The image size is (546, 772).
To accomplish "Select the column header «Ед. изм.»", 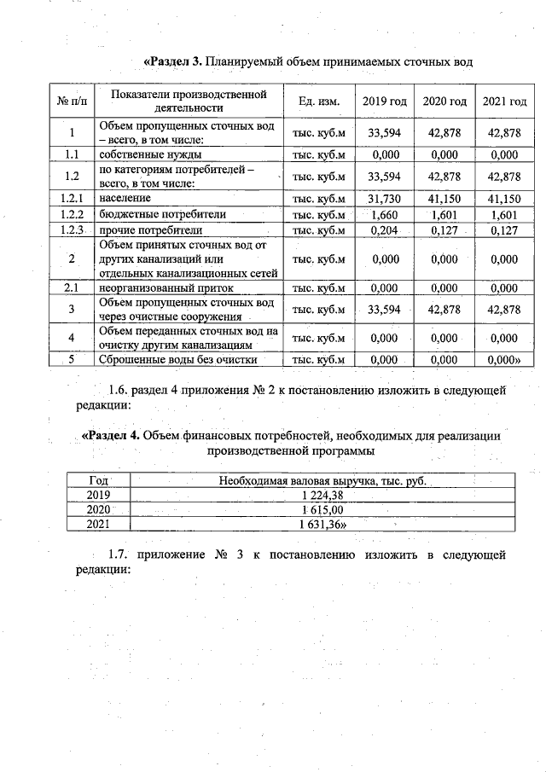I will [319, 102].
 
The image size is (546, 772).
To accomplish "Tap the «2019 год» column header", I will [384, 102].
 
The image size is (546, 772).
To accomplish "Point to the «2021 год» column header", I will [504, 102].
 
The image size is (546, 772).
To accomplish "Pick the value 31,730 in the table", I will [384, 198].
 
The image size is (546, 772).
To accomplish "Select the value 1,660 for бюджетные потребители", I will [384, 214].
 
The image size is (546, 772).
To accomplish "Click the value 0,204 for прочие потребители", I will [384, 230].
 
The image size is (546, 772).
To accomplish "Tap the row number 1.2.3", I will [73, 230].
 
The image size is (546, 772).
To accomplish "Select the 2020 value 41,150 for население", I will [444, 198].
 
